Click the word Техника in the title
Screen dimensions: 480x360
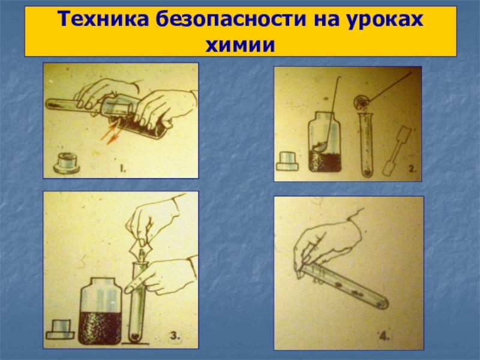(103, 19)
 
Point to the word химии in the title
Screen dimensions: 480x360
(240, 46)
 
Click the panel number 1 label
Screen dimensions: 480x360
(122, 169)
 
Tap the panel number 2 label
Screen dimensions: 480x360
(412, 169)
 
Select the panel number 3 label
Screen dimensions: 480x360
(175, 336)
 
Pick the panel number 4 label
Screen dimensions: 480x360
(384, 337)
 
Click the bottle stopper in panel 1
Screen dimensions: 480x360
(67, 163)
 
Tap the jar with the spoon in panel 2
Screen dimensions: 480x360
(325, 142)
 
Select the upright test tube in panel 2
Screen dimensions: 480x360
(367, 145)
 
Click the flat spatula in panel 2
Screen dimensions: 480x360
(397, 151)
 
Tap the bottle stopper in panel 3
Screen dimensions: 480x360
(61, 329)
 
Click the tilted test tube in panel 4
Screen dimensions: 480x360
(343, 287)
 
